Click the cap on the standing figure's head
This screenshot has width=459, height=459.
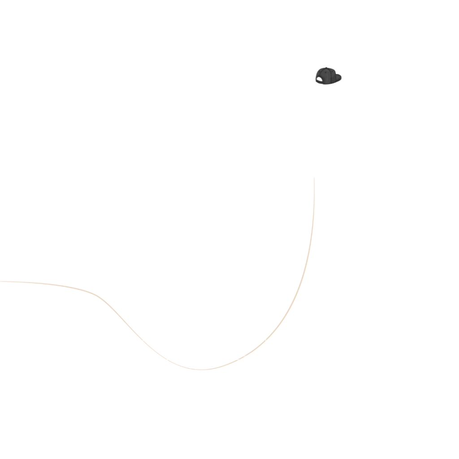click(327, 74)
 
